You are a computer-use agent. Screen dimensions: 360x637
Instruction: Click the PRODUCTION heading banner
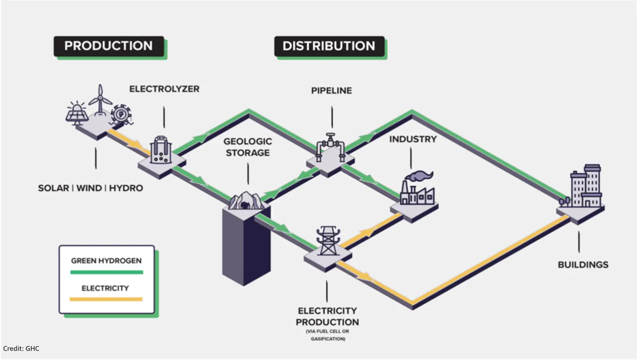[109, 46]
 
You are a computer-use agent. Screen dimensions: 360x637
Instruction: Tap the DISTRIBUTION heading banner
[329, 46]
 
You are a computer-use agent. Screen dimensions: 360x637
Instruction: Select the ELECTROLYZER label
[164, 89]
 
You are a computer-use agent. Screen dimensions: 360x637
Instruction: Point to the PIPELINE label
[331, 91]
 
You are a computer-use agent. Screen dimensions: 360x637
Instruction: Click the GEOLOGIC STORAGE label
[247, 147]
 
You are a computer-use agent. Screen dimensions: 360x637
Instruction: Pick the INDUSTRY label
[413, 139]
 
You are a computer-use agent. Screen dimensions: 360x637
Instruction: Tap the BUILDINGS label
[583, 265]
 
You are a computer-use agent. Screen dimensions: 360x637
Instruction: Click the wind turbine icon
[100, 99]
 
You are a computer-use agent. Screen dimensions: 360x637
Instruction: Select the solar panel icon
[77, 113]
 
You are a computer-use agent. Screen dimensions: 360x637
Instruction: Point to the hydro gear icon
[121, 114]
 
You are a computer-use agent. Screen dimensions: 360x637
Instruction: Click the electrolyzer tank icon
[161, 150]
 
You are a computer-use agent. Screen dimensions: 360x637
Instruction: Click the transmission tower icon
[328, 241]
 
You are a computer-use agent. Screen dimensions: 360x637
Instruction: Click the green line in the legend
[106, 272]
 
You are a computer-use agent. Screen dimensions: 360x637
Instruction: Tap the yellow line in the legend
[106, 299]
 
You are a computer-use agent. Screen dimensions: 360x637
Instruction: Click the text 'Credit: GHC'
[21, 348]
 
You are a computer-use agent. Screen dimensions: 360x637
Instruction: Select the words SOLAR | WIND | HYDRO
[90, 188]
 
